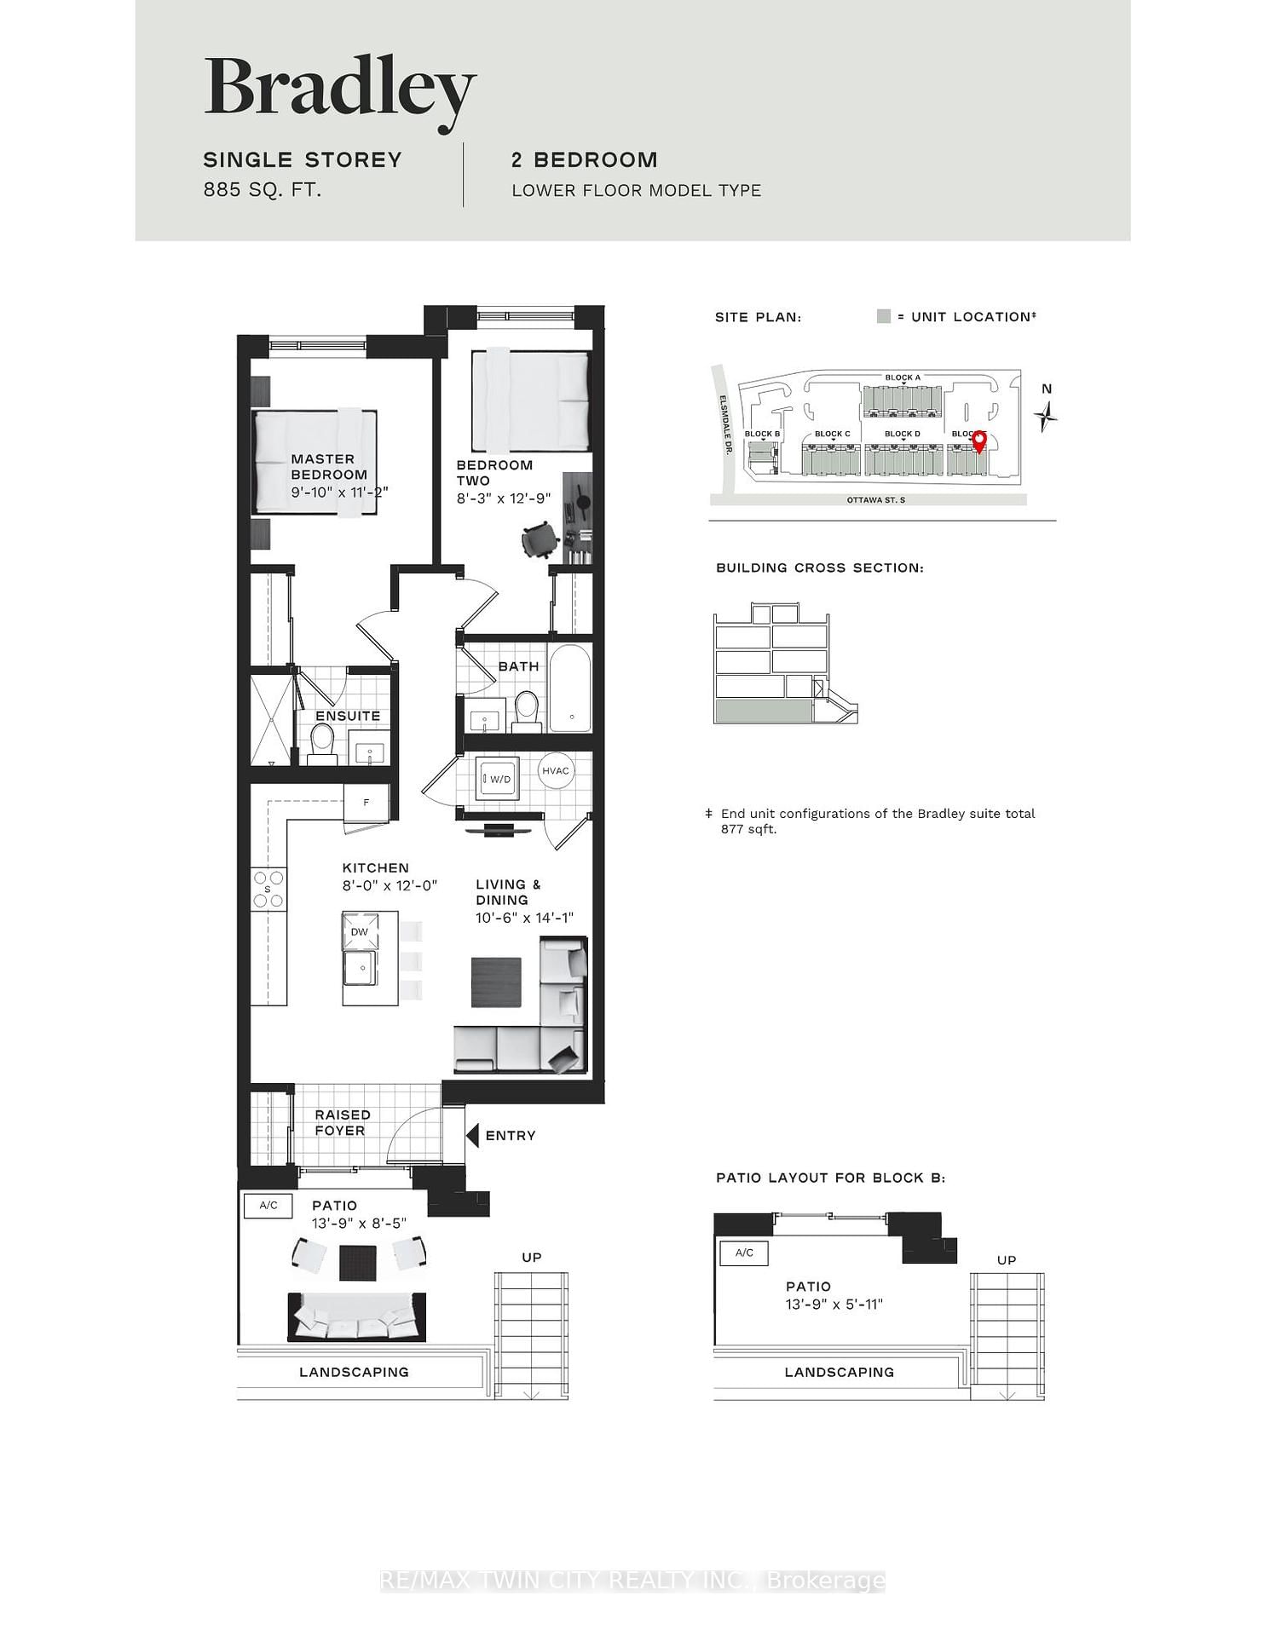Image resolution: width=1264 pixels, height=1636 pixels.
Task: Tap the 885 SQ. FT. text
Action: (262, 190)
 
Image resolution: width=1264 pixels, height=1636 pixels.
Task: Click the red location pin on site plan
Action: (979, 441)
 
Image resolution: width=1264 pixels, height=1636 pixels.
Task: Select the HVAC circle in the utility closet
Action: (556, 771)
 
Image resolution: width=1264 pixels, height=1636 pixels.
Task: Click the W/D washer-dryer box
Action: (498, 778)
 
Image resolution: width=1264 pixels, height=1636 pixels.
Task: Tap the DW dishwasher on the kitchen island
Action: (360, 931)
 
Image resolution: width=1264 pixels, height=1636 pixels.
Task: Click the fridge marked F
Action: (367, 802)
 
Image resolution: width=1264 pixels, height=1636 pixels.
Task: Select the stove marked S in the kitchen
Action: (268, 889)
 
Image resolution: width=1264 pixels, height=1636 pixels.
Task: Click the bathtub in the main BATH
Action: (570, 688)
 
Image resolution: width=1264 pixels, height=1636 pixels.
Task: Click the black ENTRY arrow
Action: (473, 1135)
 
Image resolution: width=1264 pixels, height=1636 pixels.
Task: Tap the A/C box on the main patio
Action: (268, 1205)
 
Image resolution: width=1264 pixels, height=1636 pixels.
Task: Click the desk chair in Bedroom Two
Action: (540, 540)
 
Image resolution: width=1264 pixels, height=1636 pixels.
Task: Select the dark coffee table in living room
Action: (496, 982)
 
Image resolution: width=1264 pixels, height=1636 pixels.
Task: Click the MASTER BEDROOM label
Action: (329, 467)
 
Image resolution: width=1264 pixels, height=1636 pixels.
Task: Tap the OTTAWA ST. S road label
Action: (875, 500)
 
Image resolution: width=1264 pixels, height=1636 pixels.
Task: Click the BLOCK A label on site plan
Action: (902, 377)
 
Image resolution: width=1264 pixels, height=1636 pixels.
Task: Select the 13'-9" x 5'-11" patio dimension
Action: (834, 1304)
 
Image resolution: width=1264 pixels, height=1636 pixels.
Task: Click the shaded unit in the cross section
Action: (763, 711)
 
